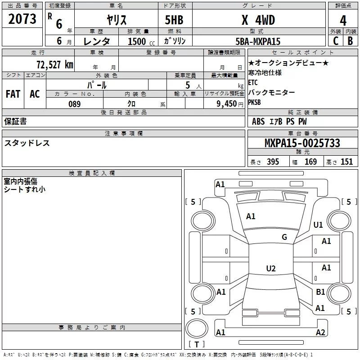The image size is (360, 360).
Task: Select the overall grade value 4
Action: point(343,21)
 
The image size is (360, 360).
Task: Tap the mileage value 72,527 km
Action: point(55,64)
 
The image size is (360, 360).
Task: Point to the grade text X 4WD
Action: point(258,21)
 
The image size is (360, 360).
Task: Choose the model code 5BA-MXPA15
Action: point(258,41)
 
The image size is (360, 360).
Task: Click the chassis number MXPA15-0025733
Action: point(302,143)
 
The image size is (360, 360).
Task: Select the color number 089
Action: point(74,104)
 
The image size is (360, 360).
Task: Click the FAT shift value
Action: point(13,94)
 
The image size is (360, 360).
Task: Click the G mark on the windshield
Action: point(284,237)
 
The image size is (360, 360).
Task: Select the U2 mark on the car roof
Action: point(270,269)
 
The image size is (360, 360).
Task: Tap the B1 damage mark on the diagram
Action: point(320,292)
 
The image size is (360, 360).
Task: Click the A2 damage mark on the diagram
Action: point(320,333)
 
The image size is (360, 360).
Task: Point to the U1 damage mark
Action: point(318,225)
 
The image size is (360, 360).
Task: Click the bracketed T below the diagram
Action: point(197,345)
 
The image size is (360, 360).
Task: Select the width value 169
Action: point(310,162)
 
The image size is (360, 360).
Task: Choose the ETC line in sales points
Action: point(253,82)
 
